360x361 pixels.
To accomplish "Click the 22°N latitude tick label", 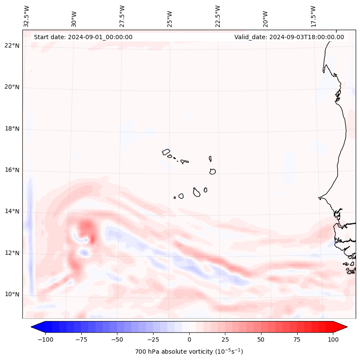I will pyautogui.click(x=12, y=46).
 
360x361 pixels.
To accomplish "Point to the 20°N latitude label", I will pyautogui.click(x=12, y=87).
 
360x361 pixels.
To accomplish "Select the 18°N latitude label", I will pyautogui.click(x=12, y=129).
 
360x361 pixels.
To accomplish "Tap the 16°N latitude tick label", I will pyautogui.click(x=12, y=170).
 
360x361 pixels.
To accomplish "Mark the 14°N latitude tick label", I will pyautogui.click(x=12, y=211).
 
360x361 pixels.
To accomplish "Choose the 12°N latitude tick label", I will pyautogui.click(x=12, y=253).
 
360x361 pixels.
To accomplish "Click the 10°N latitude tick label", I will pyautogui.click(x=12, y=294).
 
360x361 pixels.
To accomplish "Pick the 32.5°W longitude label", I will pyautogui.click(x=27, y=16).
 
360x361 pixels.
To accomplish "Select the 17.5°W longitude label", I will pyautogui.click(x=313, y=16).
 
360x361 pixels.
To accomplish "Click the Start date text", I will pyautogui.click(x=83, y=37).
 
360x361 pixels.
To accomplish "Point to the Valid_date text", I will pyautogui.click(x=289, y=37).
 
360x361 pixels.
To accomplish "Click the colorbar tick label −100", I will pyautogui.click(x=46, y=339).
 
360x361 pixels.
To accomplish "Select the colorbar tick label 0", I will pyautogui.click(x=189, y=339).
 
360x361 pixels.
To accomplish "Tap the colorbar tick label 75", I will pyautogui.click(x=297, y=339).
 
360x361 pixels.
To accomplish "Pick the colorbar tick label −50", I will pyautogui.click(x=117, y=339).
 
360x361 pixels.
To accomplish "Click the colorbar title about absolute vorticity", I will pyautogui.click(x=189, y=352).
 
